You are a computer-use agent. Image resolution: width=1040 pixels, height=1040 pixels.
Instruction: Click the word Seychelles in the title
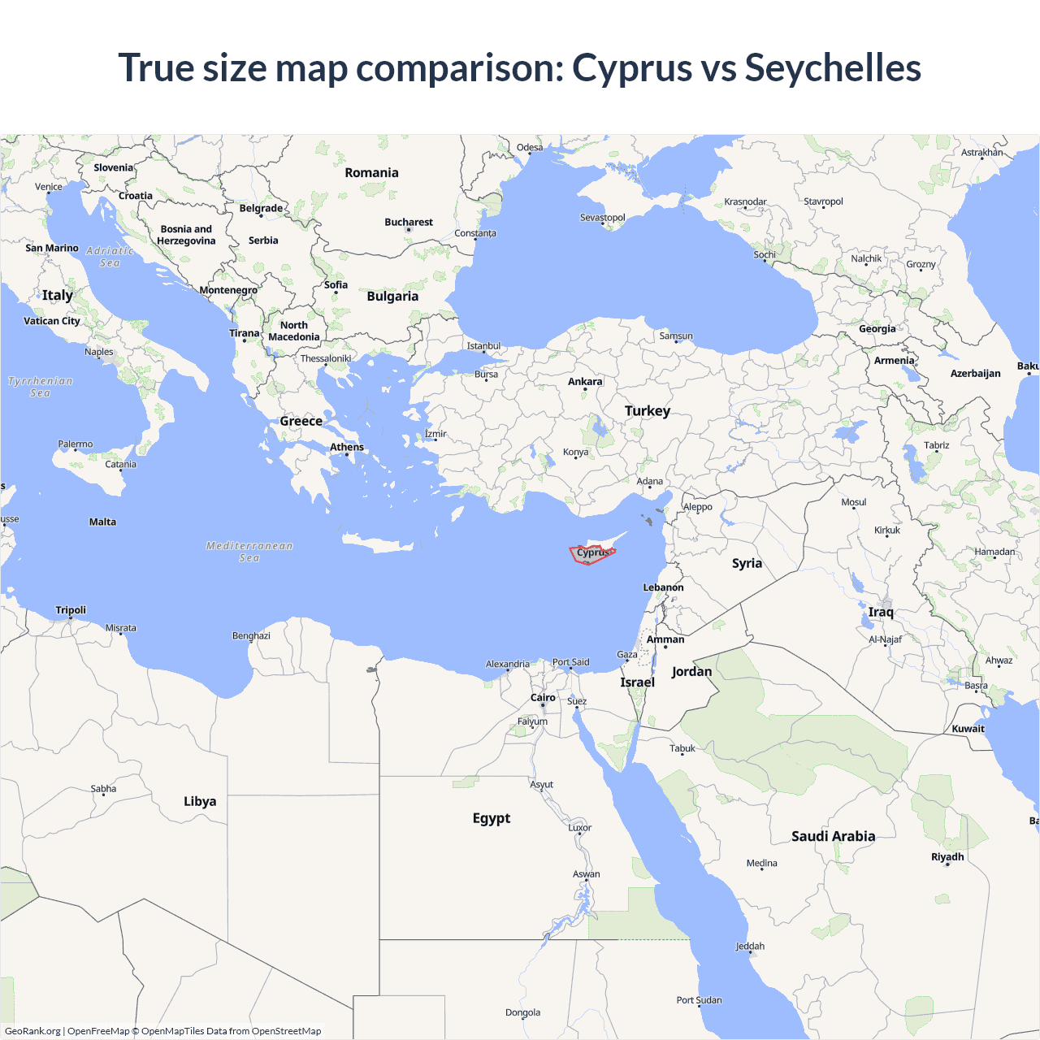(833, 67)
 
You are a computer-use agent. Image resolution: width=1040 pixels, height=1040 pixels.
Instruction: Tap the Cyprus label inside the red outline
(592, 552)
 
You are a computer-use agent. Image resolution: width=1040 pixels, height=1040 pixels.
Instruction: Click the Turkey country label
(647, 411)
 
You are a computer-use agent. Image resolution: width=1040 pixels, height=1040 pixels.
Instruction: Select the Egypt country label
(492, 818)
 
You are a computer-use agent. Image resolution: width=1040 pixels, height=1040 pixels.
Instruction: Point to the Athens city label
(347, 447)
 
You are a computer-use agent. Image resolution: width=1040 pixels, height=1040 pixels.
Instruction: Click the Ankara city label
(585, 382)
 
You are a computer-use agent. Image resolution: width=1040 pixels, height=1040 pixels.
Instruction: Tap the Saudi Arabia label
(833, 836)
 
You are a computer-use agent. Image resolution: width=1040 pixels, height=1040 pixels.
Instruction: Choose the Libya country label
(200, 801)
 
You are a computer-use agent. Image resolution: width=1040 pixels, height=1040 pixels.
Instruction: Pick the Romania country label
(371, 173)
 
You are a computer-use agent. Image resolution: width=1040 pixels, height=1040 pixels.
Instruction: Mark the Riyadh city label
(947, 857)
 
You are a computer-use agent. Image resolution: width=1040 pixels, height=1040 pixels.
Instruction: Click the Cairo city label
(543, 698)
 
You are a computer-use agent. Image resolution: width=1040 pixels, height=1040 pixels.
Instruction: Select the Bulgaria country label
(392, 297)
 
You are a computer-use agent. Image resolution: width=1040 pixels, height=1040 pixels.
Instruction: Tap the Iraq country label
(881, 613)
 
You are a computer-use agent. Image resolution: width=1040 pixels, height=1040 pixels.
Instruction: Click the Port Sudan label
(699, 1000)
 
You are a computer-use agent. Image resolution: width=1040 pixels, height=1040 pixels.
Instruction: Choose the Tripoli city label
(71, 610)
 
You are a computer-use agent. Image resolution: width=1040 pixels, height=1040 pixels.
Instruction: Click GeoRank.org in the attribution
(32, 1031)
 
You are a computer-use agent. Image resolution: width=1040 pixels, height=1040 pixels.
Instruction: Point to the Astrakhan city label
(981, 153)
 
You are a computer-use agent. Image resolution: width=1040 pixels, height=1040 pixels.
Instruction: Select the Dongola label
(522, 1013)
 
